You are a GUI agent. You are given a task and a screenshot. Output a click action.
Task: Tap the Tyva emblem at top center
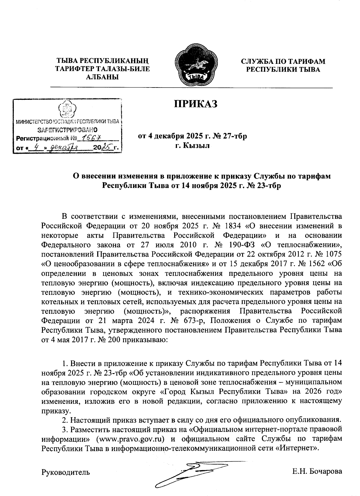coord(195,65)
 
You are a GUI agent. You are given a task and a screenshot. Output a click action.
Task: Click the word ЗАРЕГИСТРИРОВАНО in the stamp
coord(67,130)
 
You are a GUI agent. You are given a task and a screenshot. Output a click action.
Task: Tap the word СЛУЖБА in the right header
coord(258,62)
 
